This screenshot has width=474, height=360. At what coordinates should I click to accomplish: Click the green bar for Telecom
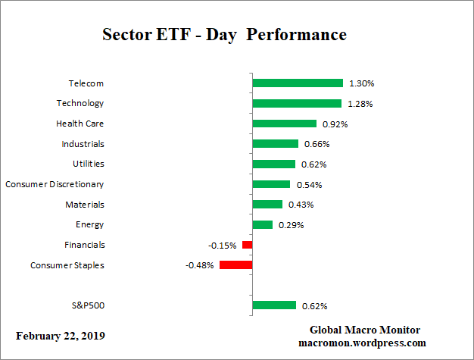tap(298, 83)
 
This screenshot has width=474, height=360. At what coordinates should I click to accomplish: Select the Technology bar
tap(297, 103)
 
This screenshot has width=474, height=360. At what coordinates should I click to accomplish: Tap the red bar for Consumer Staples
tap(235, 265)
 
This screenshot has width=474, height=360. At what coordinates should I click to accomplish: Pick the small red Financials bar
tap(247, 245)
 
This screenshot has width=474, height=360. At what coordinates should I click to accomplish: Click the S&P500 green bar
tap(274, 305)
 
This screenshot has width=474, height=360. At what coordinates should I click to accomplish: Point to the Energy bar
tap(262, 224)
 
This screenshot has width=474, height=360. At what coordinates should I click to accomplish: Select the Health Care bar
tap(284, 124)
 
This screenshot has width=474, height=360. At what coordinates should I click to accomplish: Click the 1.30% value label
tap(361, 83)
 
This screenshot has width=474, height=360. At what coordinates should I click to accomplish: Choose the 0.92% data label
tap(334, 124)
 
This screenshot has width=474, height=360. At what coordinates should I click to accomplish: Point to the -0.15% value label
tap(223, 246)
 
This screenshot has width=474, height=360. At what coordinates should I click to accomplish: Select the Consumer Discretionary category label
tap(55, 184)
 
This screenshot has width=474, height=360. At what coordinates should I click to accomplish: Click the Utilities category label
tap(83, 164)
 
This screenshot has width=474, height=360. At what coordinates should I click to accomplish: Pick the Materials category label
tap(84, 205)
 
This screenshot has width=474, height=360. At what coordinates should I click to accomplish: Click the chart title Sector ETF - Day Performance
tap(224, 35)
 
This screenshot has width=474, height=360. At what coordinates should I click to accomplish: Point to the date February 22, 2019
tap(61, 336)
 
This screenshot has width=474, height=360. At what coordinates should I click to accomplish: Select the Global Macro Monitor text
tap(365, 330)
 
